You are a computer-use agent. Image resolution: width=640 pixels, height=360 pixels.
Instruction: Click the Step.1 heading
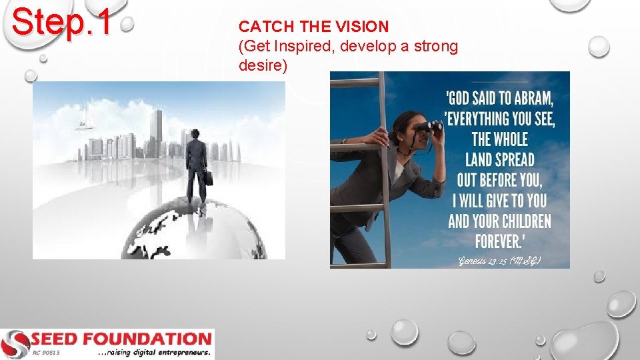click(x=62, y=21)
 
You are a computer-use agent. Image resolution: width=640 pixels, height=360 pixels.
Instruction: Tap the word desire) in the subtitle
click(x=263, y=67)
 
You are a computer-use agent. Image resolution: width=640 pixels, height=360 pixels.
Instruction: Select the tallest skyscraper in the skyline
click(x=157, y=133)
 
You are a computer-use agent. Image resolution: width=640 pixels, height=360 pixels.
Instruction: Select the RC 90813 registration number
click(x=45, y=353)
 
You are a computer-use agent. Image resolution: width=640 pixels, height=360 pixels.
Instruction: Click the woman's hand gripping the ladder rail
click(x=379, y=138)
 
